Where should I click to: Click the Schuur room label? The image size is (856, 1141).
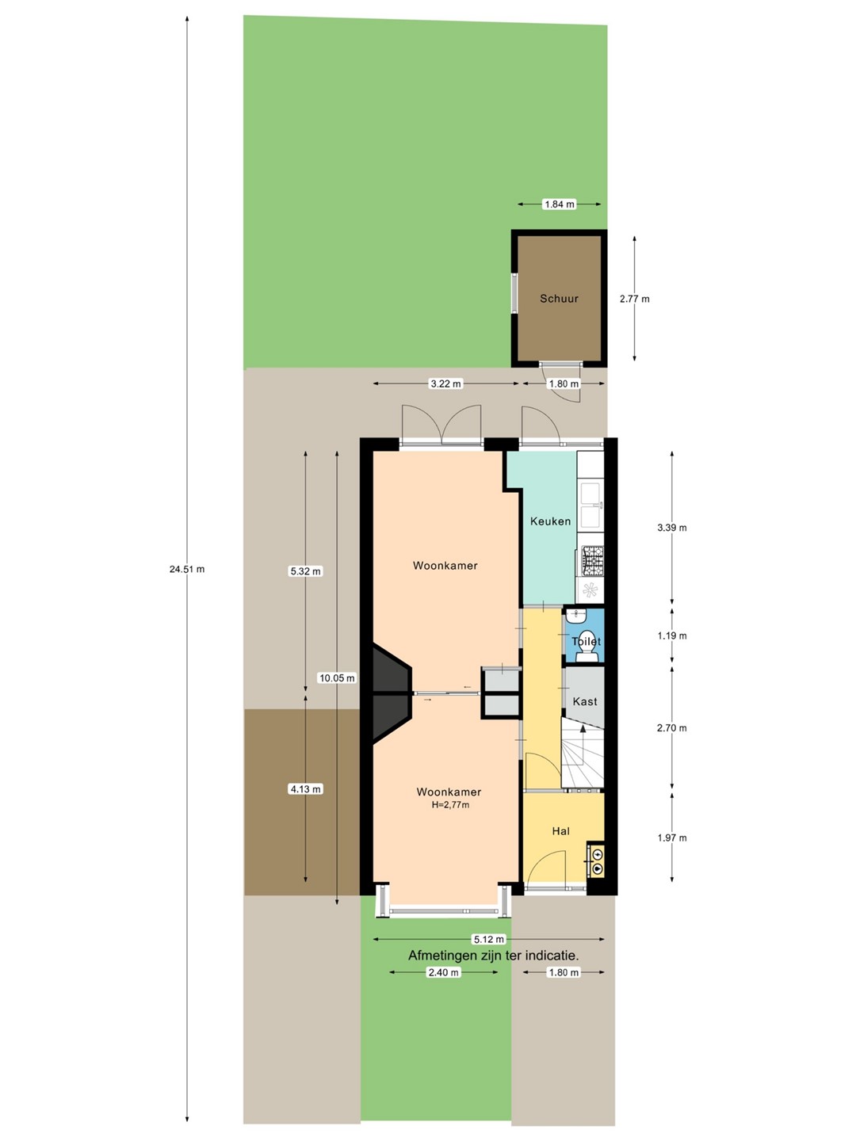(x=559, y=299)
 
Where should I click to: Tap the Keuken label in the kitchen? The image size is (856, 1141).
(x=550, y=521)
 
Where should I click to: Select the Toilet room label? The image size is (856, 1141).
(x=587, y=641)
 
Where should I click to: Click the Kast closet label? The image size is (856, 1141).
(x=585, y=701)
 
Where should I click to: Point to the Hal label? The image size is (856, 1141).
(x=561, y=831)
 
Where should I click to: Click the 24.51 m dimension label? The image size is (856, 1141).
(x=187, y=569)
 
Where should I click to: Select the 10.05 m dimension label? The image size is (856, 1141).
(x=337, y=677)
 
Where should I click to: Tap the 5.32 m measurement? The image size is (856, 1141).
(x=306, y=571)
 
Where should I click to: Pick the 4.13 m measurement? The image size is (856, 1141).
(x=306, y=789)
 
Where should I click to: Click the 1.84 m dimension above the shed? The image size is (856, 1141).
(x=560, y=204)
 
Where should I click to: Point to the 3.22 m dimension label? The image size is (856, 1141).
(x=445, y=384)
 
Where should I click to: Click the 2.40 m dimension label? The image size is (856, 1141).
(x=443, y=972)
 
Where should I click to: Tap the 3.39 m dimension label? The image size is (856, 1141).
(x=671, y=528)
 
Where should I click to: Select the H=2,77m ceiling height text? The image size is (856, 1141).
(x=450, y=805)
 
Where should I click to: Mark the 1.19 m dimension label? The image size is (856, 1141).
(x=671, y=635)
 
